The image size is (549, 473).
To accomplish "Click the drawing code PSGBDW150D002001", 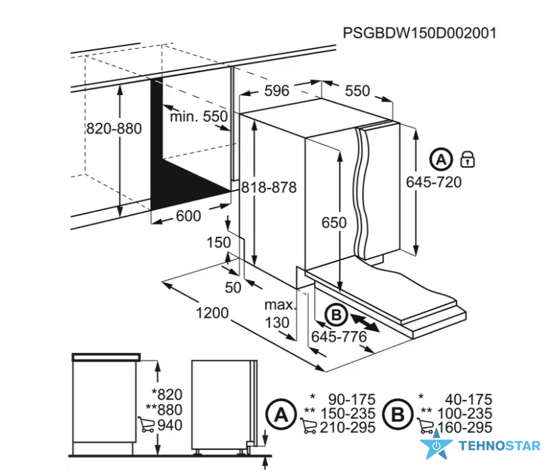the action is pyautogui.click(x=420, y=33).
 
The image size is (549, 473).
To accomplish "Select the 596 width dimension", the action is pyautogui.click(x=277, y=91).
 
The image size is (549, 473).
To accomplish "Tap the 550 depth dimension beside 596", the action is pyautogui.click(x=357, y=91).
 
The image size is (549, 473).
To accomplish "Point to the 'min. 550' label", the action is pyautogui.click(x=199, y=116).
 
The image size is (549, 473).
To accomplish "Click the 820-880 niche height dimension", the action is pyautogui.click(x=114, y=129).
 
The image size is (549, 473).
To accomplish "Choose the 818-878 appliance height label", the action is pyautogui.click(x=269, y=188).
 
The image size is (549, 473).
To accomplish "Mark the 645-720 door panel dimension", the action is pyautogui.click(x=434, y=182).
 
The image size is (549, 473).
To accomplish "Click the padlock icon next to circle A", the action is pyautogui.click(x=468, y=159).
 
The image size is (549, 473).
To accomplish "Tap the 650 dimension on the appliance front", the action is pyautogui.click(x=334, y=222).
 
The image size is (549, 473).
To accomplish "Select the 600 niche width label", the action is pyautogui.click(x=188, y=216).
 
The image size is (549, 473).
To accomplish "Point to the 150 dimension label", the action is pyautogui.click(x=219, y=242).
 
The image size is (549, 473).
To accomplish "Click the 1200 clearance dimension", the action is pyautogui.click(x=212, y=313).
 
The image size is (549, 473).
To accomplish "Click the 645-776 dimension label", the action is pyautogui.click(x=339, y=337).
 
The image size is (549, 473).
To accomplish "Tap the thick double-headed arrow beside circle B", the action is pyautogui.click(x=365, y=323).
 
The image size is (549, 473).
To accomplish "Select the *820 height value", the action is pyautogui.click(x=167, y=394).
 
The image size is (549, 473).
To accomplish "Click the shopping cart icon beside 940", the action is pyautogui.click(x=146, y=424).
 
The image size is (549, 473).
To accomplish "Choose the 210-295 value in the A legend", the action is pyautogui.click(x=348, y=428).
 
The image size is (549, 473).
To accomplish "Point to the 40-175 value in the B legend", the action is pyautogui.click(x=468, y=400).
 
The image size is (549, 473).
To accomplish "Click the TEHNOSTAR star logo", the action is pyautogui.click(x=436, y=445).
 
